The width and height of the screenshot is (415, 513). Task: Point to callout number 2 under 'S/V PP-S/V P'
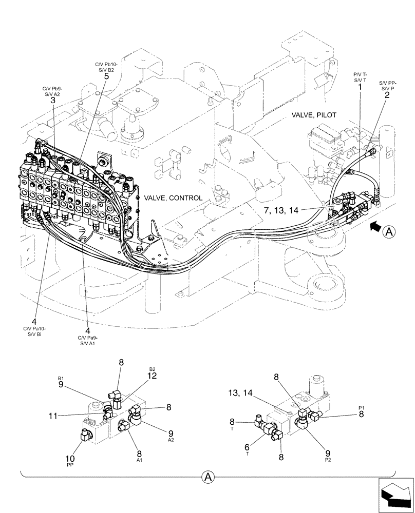387,94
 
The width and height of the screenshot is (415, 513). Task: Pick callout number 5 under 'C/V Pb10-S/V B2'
106,76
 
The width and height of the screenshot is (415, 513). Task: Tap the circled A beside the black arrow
389,232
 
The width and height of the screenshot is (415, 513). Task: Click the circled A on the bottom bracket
207,478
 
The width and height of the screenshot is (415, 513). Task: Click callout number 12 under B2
152,376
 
